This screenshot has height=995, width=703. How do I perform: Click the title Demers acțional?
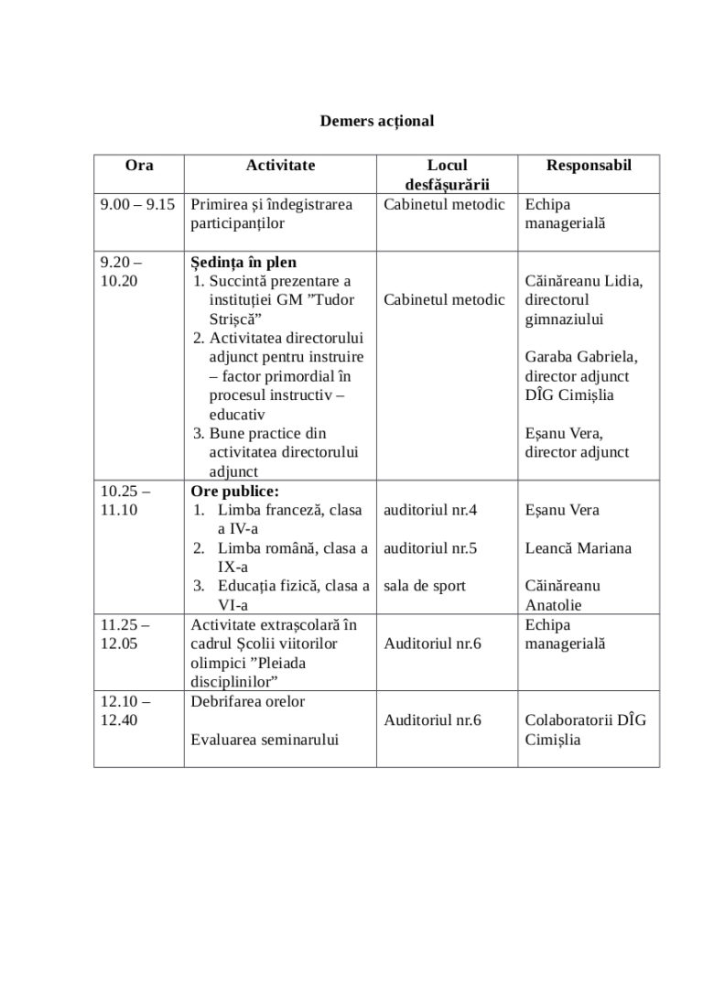(376, 120)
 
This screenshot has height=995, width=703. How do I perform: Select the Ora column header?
(139, 166)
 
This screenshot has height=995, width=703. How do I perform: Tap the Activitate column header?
(280, 166)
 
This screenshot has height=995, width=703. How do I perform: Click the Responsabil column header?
(589, 166)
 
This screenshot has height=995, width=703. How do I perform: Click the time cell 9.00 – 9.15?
(137, 205)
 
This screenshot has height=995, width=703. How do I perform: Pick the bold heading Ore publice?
(235, 491)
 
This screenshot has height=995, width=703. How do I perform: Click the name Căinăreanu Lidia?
(583, 281)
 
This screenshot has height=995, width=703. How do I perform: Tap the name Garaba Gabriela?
(581, 357)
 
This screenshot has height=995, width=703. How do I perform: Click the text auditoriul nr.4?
(430, 510)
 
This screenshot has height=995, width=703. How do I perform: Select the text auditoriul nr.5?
(430, 548)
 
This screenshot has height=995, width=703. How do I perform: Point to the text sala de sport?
(425, 586)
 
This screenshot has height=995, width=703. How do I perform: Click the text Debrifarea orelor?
(248, 701)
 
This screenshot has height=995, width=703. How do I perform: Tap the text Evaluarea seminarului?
(265, 739)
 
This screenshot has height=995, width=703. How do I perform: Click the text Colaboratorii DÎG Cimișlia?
(585, 730)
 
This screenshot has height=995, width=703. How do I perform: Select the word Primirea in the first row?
(220, 205)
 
